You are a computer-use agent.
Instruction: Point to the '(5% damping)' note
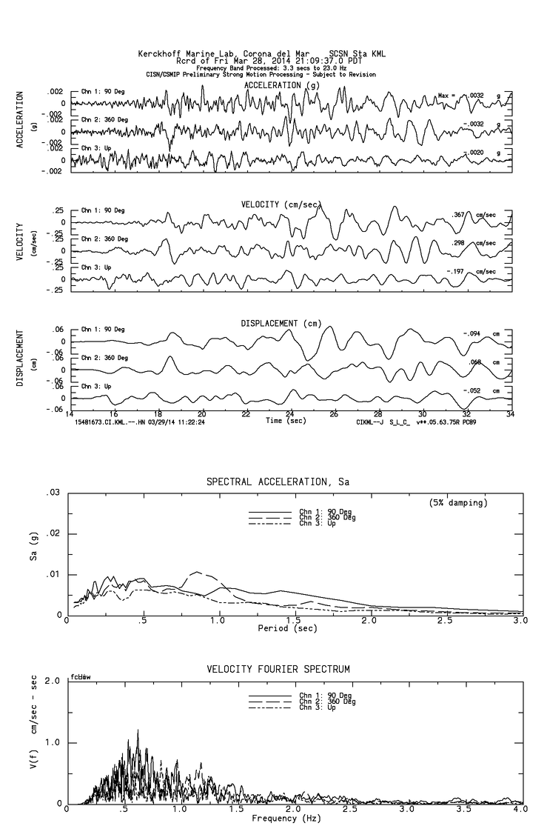(459, 503)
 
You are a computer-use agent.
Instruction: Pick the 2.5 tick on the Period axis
(445, 621)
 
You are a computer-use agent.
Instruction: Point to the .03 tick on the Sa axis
(53, 493)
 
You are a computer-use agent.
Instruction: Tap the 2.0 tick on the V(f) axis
(53, 680)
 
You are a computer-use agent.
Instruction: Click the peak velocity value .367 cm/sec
(461, 215)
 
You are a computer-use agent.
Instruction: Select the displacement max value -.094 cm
(472, 333)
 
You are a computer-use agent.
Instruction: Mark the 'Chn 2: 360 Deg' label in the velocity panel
(104, 239)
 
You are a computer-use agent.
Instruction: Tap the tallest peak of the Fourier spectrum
(138, 730)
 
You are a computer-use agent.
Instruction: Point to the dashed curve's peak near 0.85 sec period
(196, 572)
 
